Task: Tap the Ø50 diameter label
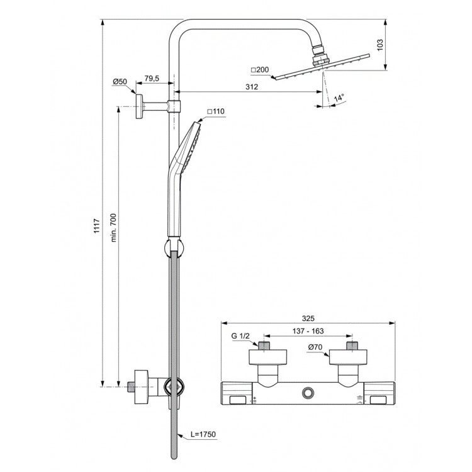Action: coord(120,82)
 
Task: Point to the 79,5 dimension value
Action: coord(152,78)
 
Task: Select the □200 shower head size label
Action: coord(259,69)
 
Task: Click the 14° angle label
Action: coord(340,98)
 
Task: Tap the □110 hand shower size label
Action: coord(216,111)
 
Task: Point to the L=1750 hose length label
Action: coord(204,435)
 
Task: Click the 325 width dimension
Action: coord(307,318)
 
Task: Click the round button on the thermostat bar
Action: coord(307,393)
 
